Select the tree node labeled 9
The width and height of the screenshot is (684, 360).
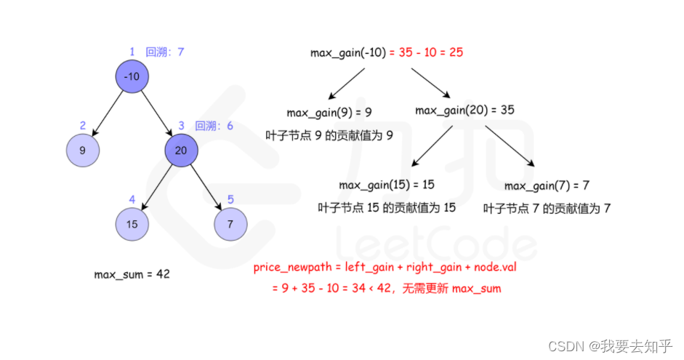[82, 151]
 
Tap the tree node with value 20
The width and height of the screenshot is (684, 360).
[181, 151]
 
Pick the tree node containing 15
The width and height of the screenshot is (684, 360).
[132, 224]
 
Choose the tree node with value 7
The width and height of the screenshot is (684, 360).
[230, 224]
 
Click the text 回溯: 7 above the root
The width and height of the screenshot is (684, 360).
[166, 52]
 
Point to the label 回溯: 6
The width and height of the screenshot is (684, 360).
[214, 126]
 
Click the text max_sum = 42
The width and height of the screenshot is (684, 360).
[132, 274]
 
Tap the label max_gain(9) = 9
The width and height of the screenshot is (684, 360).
[329, 112]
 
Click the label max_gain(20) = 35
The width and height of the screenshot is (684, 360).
[464, 111]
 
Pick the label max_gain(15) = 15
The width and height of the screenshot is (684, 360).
[387, 185]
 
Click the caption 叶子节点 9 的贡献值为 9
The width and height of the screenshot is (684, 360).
[329, 135]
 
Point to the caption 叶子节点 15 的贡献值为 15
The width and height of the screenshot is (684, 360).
[387, 207]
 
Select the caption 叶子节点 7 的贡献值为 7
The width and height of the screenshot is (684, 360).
[547, 208]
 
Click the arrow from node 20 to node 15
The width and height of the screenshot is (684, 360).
[156, 188]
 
